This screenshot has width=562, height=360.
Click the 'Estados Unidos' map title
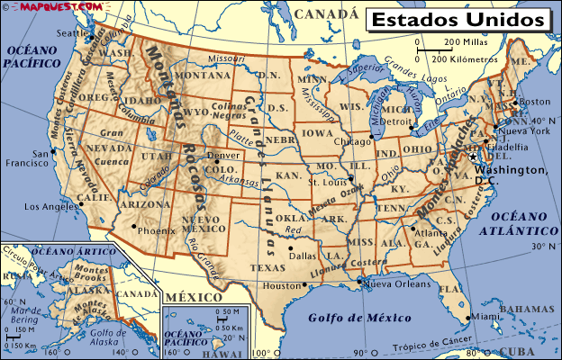[458, 18]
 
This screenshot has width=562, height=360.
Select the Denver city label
[223, 155]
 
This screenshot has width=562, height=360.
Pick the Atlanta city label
[431, 233]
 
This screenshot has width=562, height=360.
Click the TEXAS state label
[267, 267]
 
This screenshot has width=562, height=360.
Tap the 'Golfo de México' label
[352, 318]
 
